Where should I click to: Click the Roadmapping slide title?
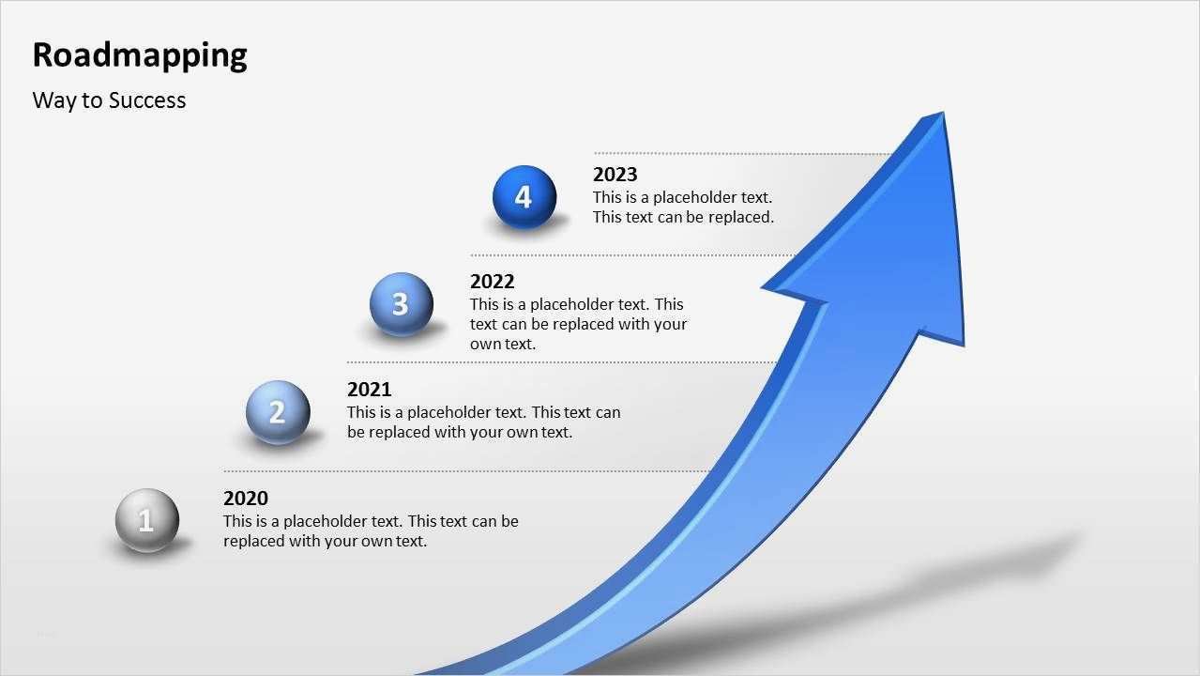tap(140, 55)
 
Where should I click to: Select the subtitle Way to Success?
tap(109, 100)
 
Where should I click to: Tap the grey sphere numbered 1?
tap(147, 520)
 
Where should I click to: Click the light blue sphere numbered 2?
tap(278, 411)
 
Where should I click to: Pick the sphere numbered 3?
tap(402, 303)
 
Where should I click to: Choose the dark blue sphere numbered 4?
tap(524, 197)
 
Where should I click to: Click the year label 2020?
tap(246, 499)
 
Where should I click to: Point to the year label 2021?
tap(370, 390)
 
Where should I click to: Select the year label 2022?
tap(493, 282)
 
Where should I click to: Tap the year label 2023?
tap(615, 175)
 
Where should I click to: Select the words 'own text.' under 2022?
tap(503, 345)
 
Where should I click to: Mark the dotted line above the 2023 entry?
tap(741, 153)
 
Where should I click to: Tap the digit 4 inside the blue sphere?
tap(524, 197)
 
